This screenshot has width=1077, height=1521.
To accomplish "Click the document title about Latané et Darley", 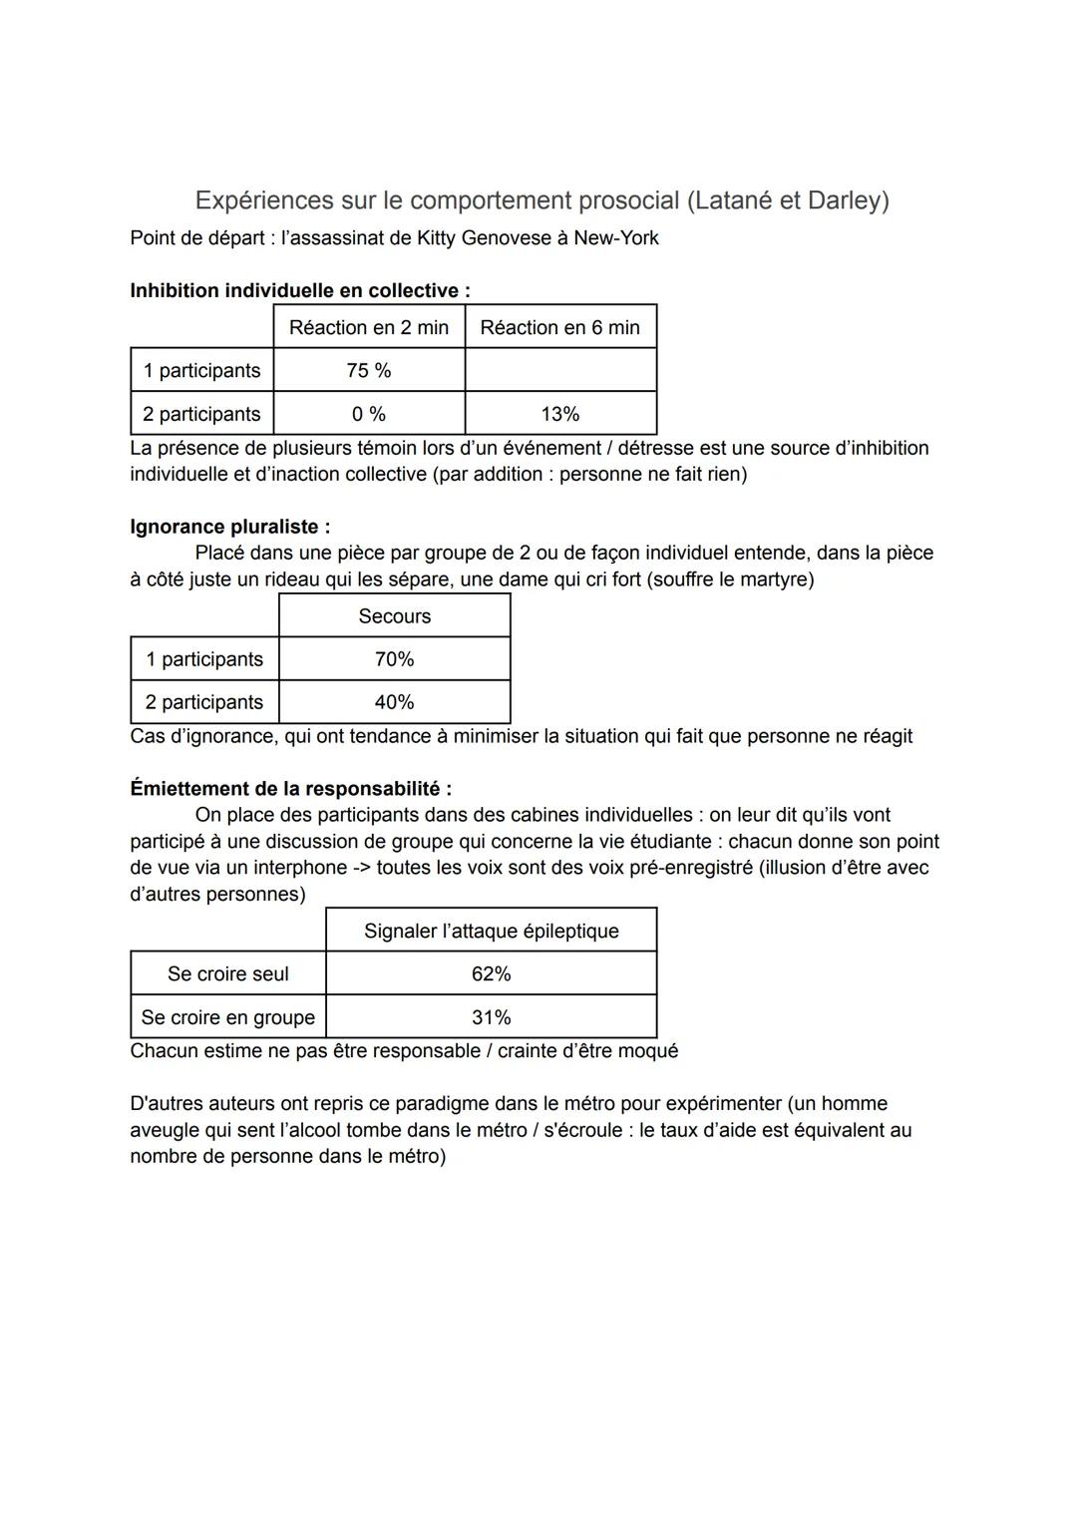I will (541, 200).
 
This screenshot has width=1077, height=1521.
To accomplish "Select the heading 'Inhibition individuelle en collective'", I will (299, 291).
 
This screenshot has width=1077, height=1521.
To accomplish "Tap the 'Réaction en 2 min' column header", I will (369, 327).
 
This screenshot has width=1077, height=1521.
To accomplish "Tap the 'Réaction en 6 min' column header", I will (559, 327).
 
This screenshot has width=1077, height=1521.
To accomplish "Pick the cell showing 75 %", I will (369, 371).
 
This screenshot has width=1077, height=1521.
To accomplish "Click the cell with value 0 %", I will (369, 414).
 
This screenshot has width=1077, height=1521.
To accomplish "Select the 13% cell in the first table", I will (559, 414).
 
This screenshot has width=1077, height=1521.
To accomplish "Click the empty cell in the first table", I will (559, 371).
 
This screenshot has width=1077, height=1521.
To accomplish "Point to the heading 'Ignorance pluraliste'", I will (229, 527).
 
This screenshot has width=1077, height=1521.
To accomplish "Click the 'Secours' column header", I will (394, 616).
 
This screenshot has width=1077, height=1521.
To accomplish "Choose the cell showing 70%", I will (394, 659).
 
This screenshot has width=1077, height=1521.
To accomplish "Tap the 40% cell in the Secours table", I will (394, 702).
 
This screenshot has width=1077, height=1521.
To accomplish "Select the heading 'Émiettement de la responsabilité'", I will (290, 789).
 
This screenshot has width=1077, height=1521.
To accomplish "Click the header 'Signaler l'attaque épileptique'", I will (491, 931).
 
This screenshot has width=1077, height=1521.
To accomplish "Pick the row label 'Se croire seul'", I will (227, 974).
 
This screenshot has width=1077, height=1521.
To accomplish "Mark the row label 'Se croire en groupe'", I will (227, 1017).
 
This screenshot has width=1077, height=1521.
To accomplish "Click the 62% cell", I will (491, 974).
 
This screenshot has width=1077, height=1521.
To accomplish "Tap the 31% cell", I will (491, 1017).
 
